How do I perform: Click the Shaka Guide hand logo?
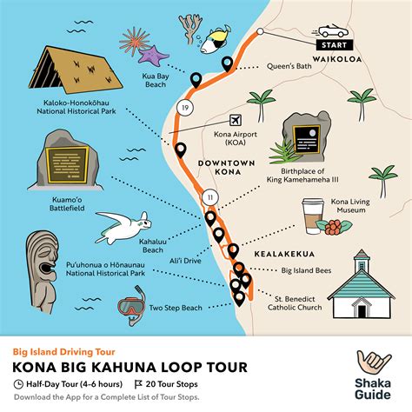pos(369,365)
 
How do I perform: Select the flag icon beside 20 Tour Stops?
pos(138,383)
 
